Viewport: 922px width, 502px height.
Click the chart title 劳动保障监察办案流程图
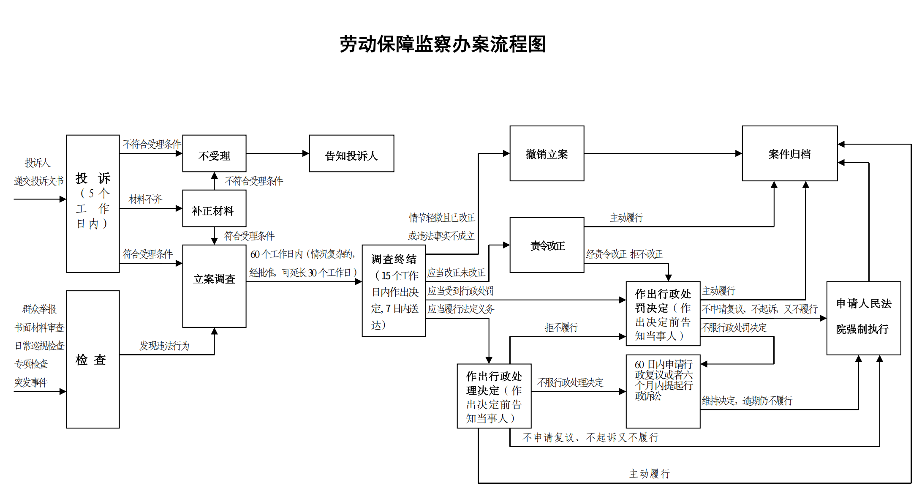point(443,44)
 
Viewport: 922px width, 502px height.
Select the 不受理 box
point(214,154)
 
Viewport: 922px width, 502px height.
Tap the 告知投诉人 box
point(351,154)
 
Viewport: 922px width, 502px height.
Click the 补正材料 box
point(214,209)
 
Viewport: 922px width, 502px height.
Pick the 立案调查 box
point(214,286)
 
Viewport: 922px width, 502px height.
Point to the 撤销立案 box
point(547,153)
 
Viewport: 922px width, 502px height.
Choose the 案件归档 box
point(789,153)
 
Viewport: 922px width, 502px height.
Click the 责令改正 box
point(547,245)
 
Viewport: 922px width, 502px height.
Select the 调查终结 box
point(394,291)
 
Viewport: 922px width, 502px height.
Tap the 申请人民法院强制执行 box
point(863,318)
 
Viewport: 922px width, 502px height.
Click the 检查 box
point(92,359)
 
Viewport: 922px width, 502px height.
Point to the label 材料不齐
point(145,199)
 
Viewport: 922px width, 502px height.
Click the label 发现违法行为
point(164,346)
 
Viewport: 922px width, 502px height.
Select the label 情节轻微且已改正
point(442,218)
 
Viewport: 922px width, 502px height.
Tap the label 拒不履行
point(561,327)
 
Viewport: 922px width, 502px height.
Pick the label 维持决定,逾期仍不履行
point(747,401)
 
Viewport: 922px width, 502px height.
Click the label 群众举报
point(39,309)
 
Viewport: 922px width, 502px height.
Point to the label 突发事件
point(31,382)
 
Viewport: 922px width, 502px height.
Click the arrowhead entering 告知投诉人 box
point(306,153)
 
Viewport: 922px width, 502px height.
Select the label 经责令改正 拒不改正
point(624,254)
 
